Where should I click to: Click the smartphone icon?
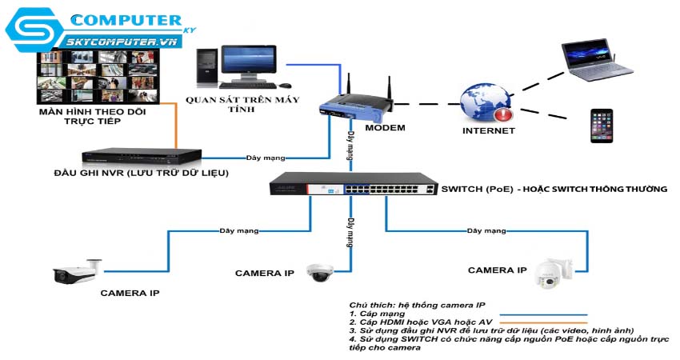click(602, 126)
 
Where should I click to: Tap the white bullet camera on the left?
click(78, 273)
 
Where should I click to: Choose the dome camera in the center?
click(321, 272)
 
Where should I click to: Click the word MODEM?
click(385, 128)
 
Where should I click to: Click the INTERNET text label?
click(489, 130)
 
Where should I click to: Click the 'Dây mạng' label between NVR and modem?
click(266, 158)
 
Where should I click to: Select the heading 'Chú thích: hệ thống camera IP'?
click(415, 306)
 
